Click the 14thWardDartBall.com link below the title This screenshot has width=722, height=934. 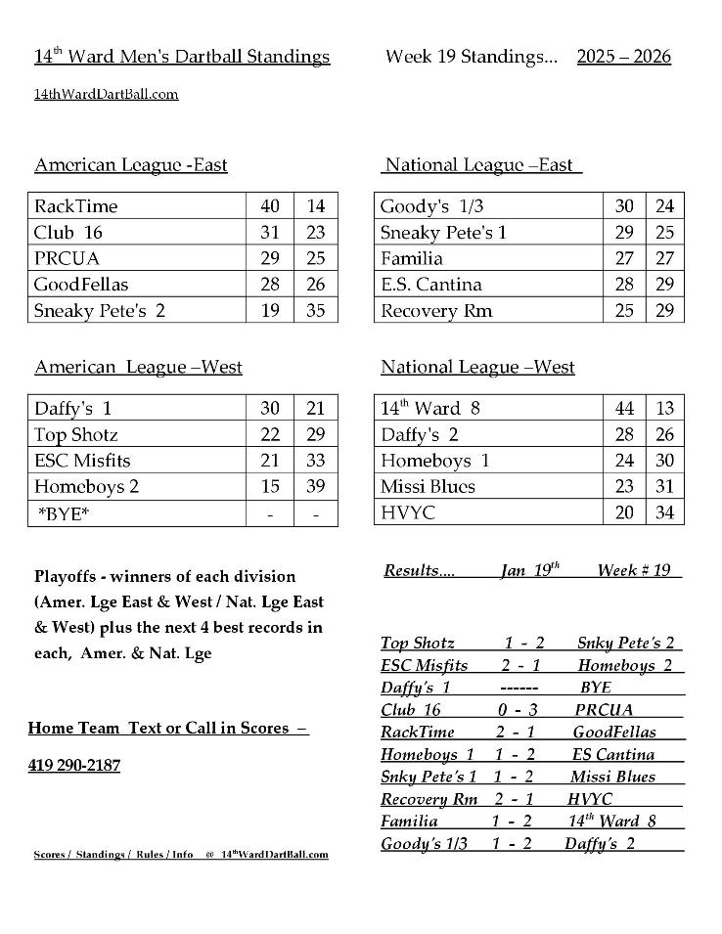coord(106,94)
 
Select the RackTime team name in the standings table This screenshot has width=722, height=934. coord(75,206)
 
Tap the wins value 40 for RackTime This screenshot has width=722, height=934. coord(270,206)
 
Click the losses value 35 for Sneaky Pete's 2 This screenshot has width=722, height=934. coord(315,311)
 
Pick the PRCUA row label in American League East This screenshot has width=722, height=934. coord(67,258)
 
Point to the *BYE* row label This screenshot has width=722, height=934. coord(64,513)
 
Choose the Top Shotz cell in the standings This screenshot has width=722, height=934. coord(75,434)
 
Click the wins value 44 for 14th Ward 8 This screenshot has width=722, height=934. coord(624,409)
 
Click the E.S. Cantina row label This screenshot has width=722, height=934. coord(430,285)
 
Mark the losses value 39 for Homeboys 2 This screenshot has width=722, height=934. coord(315,486)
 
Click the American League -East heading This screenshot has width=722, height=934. coord(130,164)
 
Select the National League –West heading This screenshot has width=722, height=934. coord(477,367)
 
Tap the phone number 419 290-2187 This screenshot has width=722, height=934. coord(74,765)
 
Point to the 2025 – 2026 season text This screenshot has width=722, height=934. coord(624,56)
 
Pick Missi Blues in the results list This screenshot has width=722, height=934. coord(612,777)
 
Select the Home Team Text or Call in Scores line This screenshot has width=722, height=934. coord(167,728)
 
